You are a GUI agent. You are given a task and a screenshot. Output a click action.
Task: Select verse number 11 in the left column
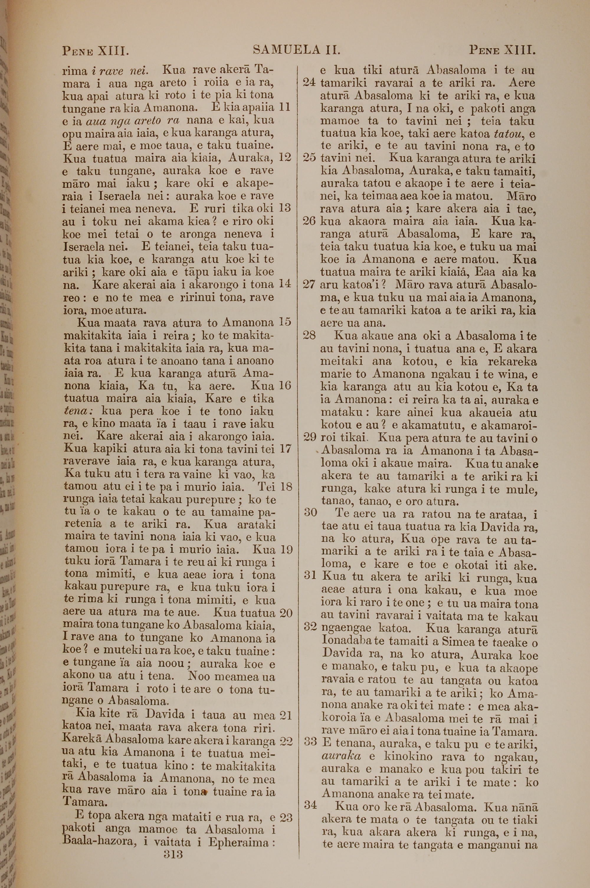click(x=285, y=107)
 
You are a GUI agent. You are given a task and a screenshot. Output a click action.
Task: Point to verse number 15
click(x=285, y=322)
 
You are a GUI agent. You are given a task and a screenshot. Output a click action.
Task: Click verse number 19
click(x=286, y=550)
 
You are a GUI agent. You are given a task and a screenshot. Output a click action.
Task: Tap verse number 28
click(x=309, y=335)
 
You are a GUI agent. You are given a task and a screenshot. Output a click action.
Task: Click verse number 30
click(x=310, y=513)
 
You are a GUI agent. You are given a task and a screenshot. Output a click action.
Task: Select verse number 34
click(x=310, y=805)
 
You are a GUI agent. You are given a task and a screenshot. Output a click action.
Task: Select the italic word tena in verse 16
click(x=75, y=412)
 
